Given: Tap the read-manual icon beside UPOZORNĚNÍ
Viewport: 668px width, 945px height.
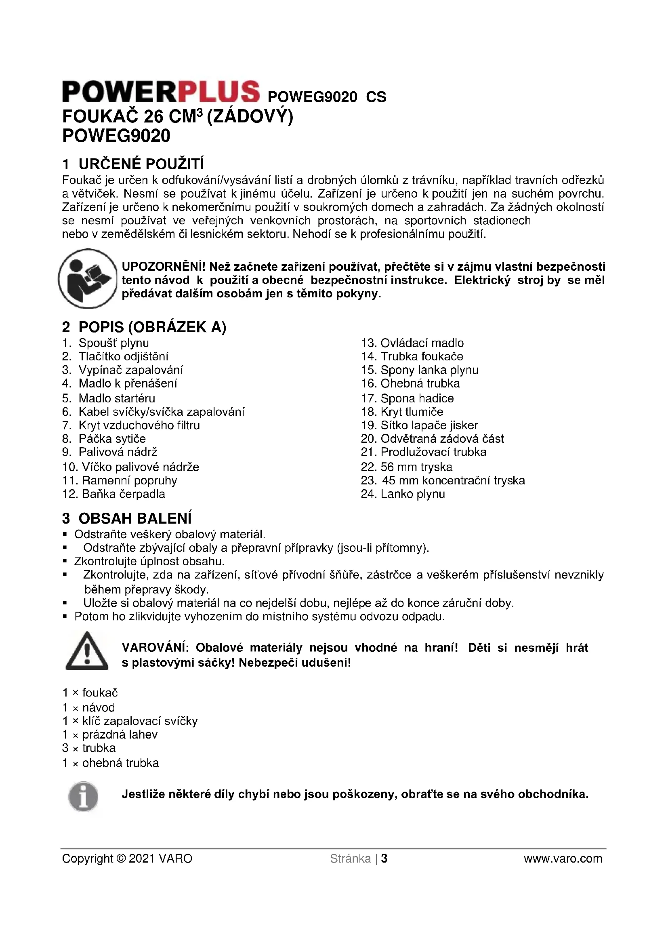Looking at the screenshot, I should point(88,279).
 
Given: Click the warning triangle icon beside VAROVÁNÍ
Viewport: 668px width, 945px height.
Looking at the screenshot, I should point(87,651).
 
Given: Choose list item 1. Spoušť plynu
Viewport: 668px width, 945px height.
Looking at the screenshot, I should point(106,343).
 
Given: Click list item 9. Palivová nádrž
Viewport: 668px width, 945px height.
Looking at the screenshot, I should point(110,452).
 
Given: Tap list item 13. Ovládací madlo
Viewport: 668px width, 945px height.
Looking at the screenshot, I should point(412,343).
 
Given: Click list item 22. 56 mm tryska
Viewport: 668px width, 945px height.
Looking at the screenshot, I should point(406,467).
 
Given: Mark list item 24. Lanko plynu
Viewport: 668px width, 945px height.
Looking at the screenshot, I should point(403,494).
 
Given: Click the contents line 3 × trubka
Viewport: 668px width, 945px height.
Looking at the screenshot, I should point(89,748).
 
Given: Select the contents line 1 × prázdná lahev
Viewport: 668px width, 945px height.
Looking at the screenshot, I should point(110,734).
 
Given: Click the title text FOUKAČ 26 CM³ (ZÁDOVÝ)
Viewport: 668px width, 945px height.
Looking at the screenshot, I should point(178,117).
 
